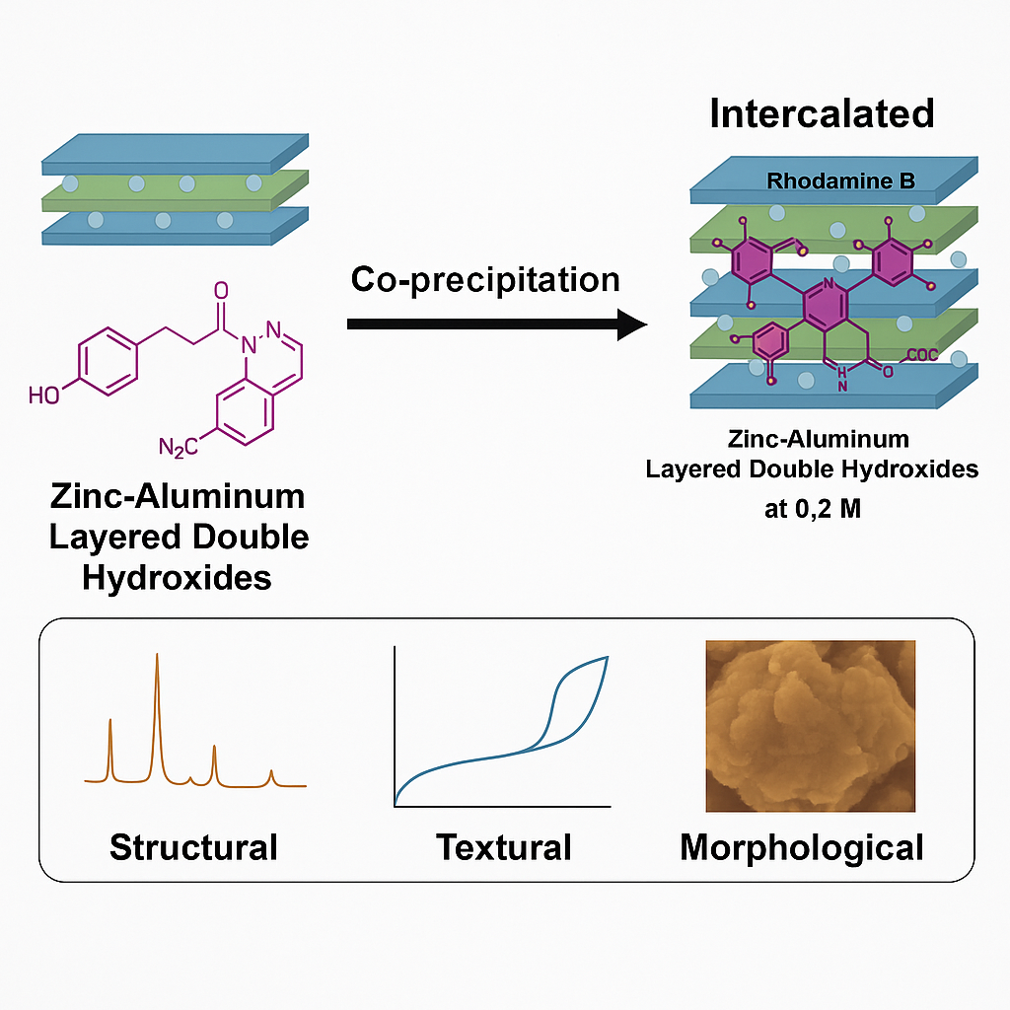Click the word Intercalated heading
822,113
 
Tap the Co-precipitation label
485,279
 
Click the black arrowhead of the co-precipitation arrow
631,325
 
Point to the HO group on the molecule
44,396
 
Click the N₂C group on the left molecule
178,448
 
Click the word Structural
193,847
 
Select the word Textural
504,847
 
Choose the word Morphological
801,847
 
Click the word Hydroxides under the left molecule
177,577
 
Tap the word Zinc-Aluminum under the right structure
812,439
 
